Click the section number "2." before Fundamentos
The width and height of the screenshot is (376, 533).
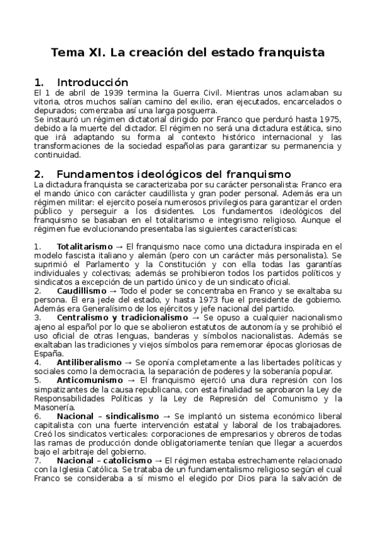click(x=39, y=173)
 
